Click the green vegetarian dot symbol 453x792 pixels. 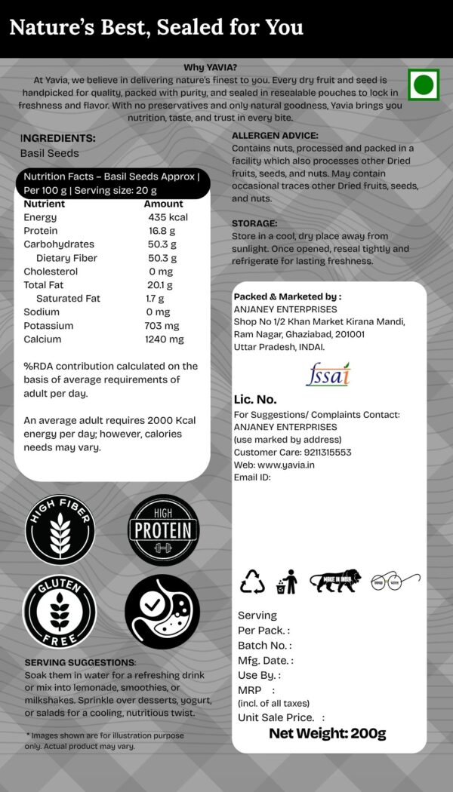424,84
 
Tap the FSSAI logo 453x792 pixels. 328,375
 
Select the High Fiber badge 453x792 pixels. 60,530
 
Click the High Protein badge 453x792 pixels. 163,530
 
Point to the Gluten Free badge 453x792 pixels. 60,612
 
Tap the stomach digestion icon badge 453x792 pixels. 162,612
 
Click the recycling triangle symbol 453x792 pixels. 252,582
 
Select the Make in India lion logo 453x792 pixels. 335,581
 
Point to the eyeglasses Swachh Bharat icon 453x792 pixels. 396,582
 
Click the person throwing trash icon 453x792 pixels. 287,582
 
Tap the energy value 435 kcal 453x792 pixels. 168,217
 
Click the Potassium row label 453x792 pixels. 48,326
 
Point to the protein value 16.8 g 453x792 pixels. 162,231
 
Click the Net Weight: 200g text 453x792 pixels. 328,733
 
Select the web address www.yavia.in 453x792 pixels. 286,465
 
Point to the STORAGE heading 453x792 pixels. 254,224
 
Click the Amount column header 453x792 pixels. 163,204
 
